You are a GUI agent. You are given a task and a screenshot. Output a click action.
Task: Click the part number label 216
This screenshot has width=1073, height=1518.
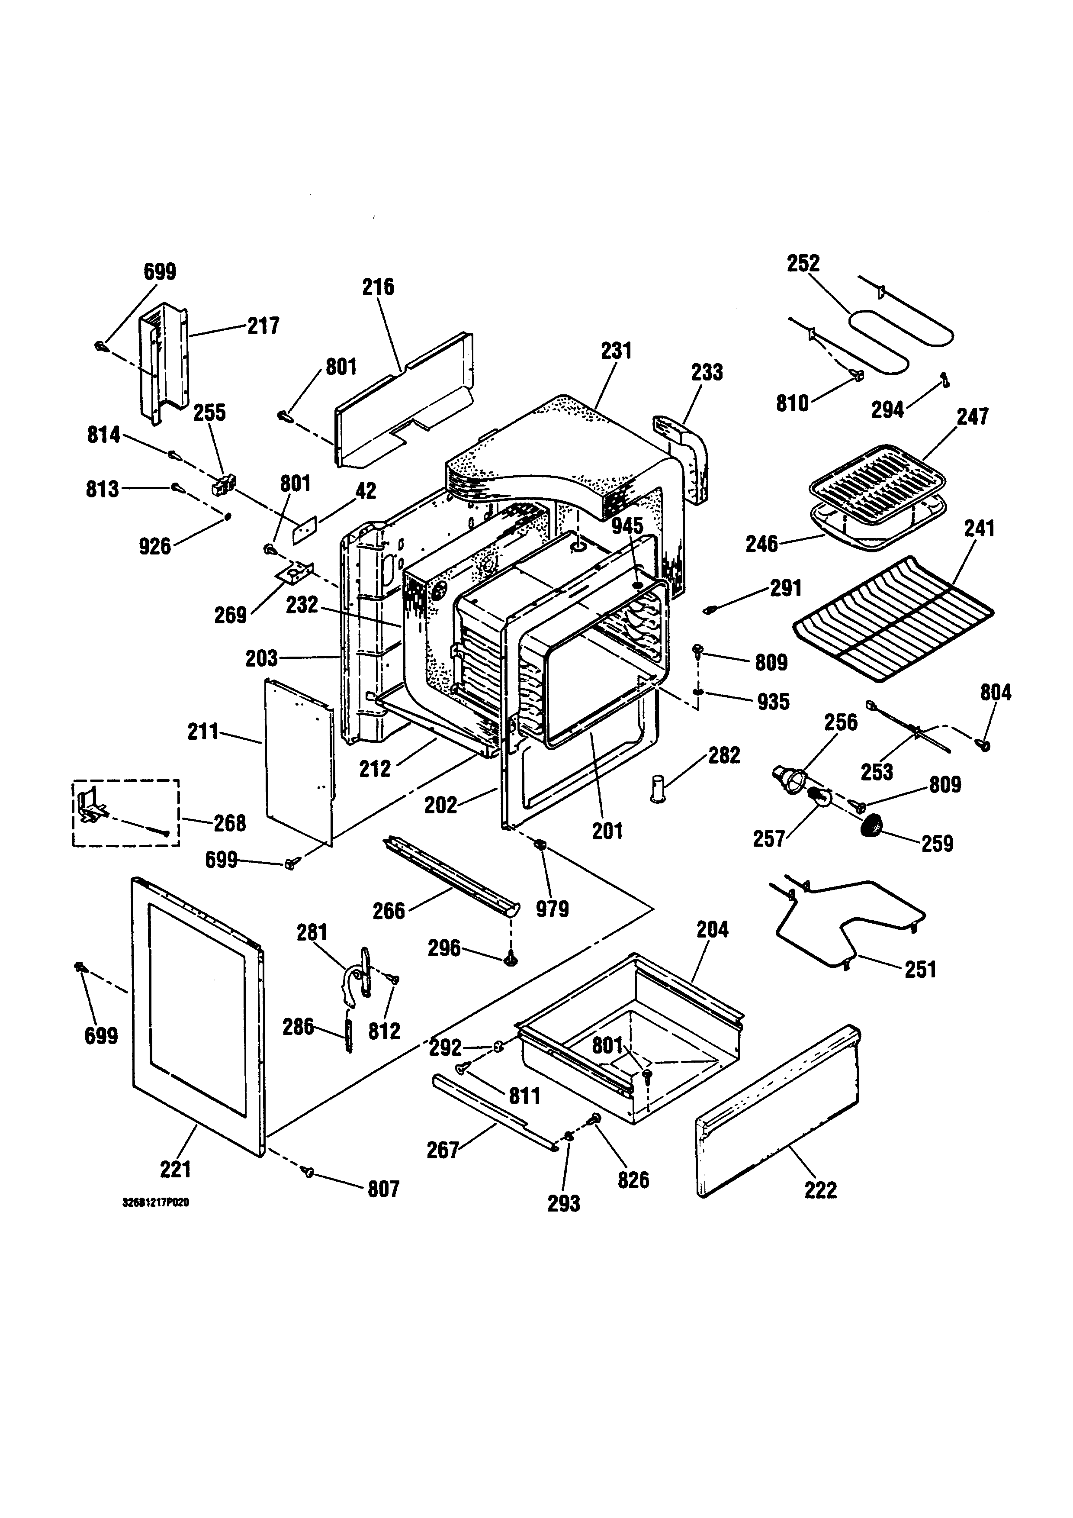(x=378, y=287)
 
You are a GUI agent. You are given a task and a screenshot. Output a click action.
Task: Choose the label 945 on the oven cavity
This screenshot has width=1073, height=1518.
(x=627, y=526)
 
